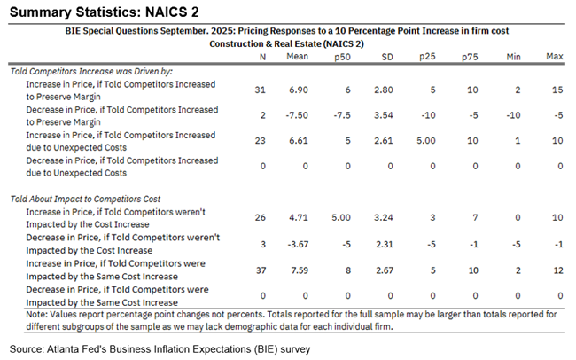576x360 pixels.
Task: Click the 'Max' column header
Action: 555,57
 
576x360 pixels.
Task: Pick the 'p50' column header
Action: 341,57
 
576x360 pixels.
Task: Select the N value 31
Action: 261,90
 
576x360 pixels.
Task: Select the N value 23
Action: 261,140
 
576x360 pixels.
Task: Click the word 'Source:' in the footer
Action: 27,348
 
